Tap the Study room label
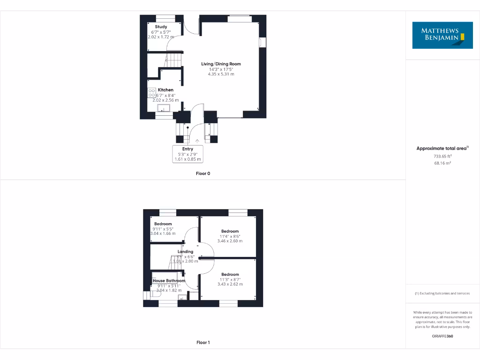(x=161, y=27)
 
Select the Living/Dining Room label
(x=221, y=64)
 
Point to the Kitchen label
(x=165, y=90)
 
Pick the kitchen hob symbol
(x=152, y=93)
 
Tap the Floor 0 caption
(x=203, y=173)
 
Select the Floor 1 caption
(x=203, y=343)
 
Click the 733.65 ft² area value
(x=442, y=156)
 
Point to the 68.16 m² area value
(x=442, y=163)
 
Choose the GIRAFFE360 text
(x=442, y=336)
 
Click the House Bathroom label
(x=169, y=281)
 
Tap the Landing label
(x=185, y=252)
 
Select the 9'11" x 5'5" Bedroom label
(x=163, y=224)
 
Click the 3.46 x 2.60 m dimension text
(x=230, y=241)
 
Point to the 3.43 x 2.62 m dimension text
(x=230, y=284)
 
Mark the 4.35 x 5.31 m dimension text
(x=221, y=74)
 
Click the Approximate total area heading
(x=442, y=148)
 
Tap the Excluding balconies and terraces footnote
(x=442, y=293)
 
